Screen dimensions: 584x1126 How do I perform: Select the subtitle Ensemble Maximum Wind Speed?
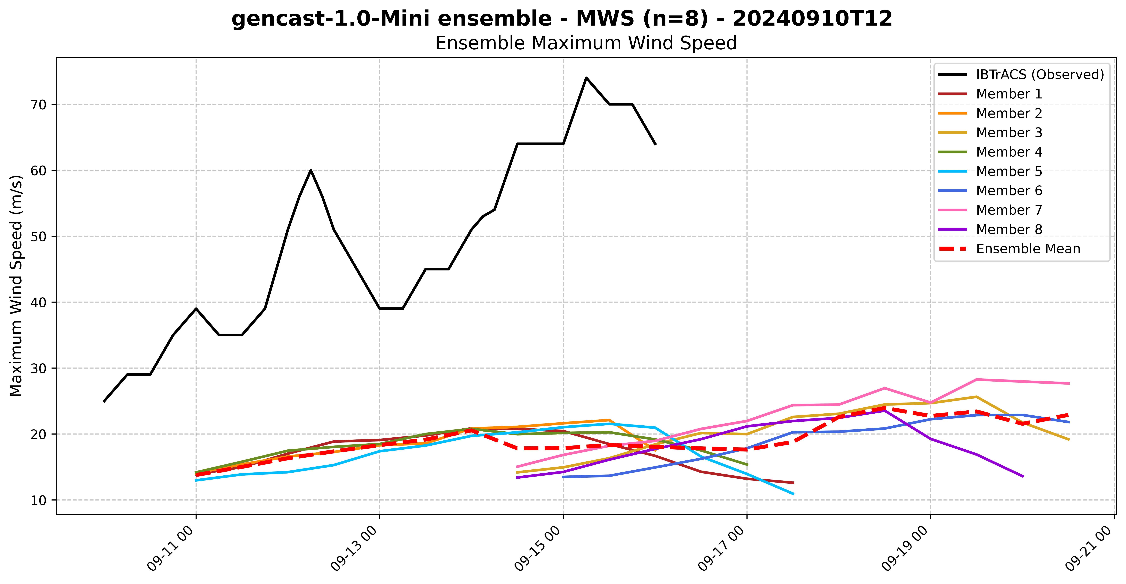[x=586, y=43]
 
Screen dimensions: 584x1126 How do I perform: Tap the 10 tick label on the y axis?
[x=39, y=500]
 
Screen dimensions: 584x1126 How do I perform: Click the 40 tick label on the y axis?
[x=39, y=302]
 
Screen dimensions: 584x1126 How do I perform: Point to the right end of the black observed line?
[x=655, y=144]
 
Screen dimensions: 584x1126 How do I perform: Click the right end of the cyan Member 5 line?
[x=793, y=494]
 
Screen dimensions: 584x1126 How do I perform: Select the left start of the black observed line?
[x=104, y=401]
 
